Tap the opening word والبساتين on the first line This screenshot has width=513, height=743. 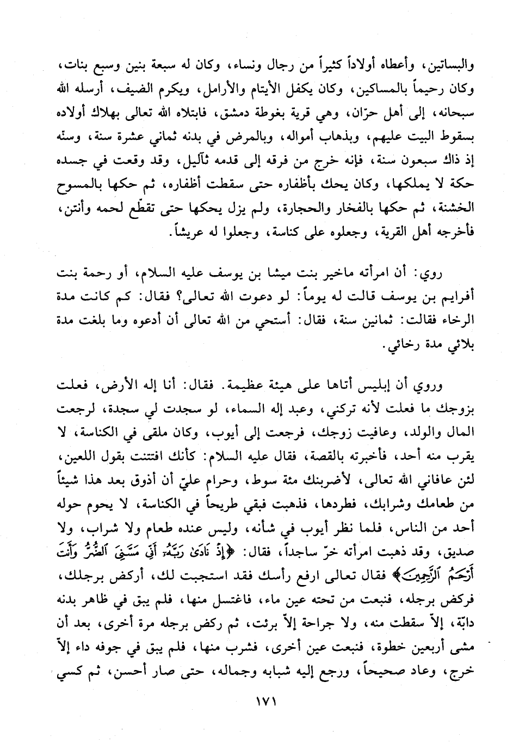(x=452, y=66)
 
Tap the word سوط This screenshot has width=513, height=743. (x=261, y=480)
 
